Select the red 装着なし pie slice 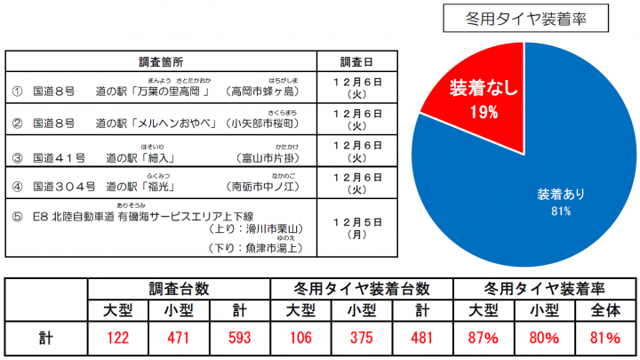coord(471,98)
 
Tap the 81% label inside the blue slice coord(560,212)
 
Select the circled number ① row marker coord(18,91)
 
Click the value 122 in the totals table coord(117,339)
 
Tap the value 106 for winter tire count coord(300,339)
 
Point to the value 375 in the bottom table coord(361,339)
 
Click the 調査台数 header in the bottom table coord(179,289)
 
